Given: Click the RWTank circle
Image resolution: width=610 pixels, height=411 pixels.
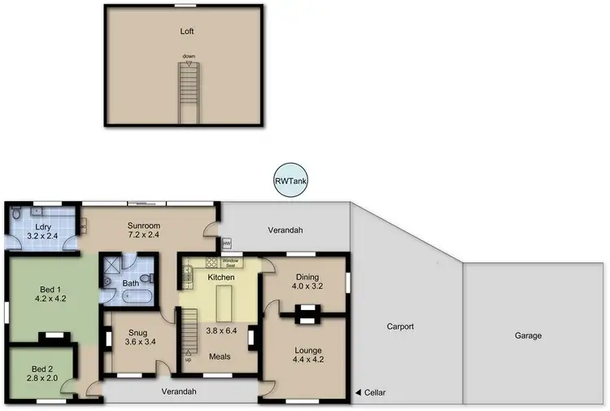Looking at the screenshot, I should point(290,181).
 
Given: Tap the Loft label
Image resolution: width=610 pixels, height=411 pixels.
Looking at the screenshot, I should point(188,32).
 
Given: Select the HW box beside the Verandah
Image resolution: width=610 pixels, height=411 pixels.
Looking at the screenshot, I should point(226,243).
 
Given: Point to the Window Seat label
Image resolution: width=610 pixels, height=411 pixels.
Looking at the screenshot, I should point(230,263).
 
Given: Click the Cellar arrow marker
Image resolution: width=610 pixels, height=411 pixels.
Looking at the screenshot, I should point(359,394).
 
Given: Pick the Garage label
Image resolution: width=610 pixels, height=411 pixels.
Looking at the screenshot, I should point(528,335).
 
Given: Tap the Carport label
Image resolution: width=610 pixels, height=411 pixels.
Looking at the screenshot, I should point(401,326).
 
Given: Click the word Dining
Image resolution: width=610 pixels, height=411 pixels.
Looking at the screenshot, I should point(307,276).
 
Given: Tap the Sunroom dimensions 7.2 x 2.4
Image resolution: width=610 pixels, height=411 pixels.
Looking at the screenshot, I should point(143,235).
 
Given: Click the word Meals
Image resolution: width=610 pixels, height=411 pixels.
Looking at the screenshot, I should point(220,356).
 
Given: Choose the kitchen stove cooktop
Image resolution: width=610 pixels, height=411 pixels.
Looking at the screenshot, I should point(211,262).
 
